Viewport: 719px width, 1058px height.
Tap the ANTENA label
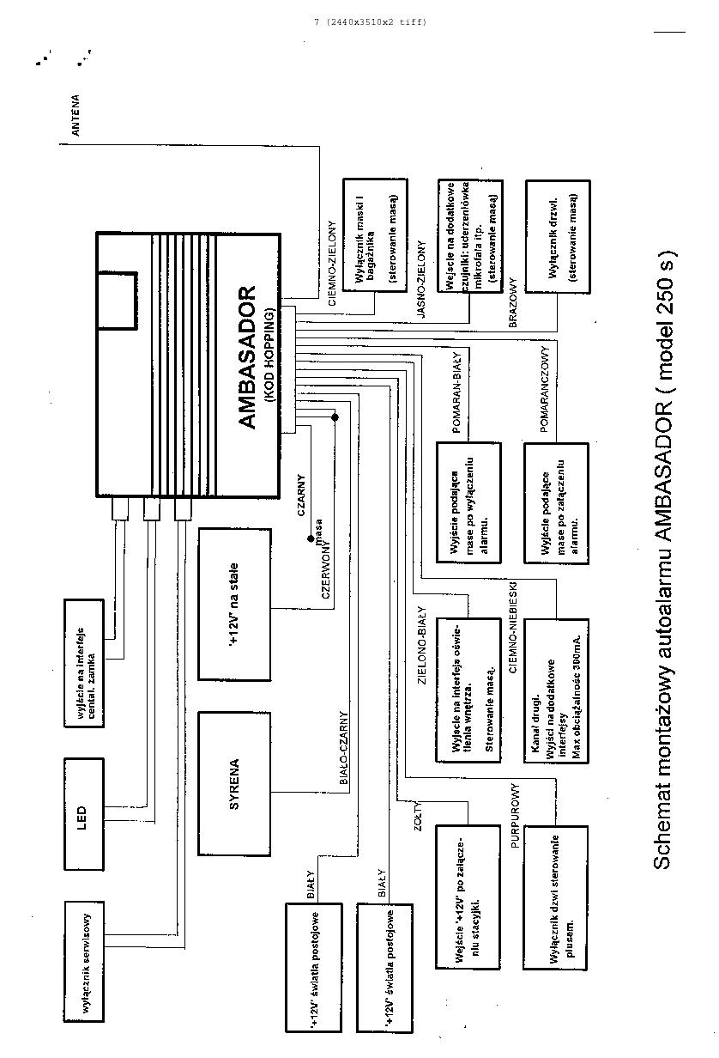[x=76, y=116]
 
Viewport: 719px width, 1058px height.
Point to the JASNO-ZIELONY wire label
[x=421, y=280]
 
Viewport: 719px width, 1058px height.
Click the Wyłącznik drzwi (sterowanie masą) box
[x=558, y=235]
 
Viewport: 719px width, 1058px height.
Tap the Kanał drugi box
[x=557, y=690]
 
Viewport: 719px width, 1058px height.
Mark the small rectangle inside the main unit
[x=117, y=300]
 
